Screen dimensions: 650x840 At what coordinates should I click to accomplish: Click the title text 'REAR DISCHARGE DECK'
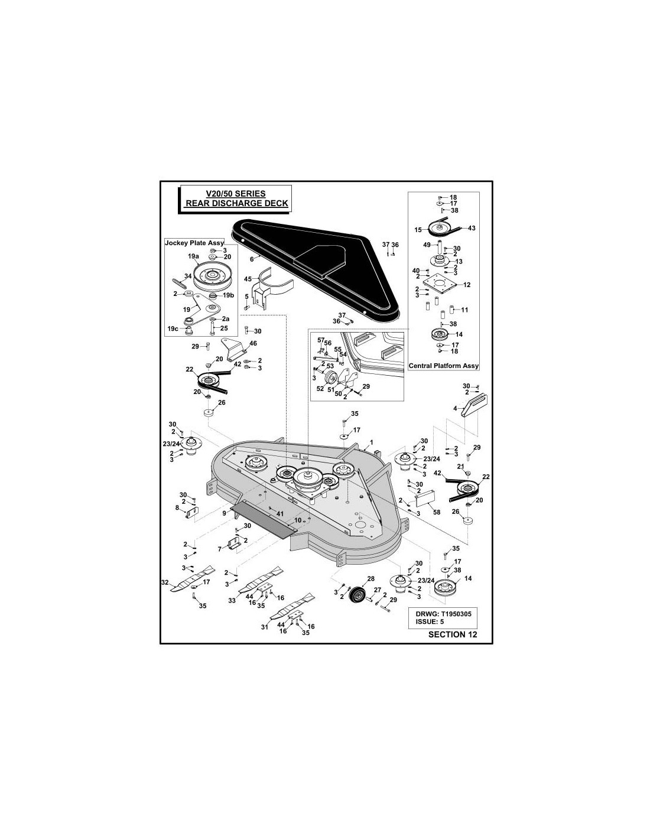(236, 203)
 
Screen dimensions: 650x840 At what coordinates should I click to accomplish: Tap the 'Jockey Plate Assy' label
(194, 243)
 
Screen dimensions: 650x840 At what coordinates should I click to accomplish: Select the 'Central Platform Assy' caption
(444, 365)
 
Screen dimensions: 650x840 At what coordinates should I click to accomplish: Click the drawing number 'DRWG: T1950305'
(443, 614)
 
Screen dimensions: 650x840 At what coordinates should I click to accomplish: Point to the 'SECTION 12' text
(453, 634)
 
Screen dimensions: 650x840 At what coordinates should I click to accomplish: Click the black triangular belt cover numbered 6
(315, 267)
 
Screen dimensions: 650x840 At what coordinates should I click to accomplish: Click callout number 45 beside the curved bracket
(248, 279)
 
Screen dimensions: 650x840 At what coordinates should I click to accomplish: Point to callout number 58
(437, 512)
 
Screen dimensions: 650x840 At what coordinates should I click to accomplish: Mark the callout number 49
(427, 245)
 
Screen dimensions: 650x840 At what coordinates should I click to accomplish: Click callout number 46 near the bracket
(253, 343)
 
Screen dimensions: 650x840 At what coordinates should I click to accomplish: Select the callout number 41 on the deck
(280, 514)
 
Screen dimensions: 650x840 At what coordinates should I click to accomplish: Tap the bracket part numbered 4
(474, 405)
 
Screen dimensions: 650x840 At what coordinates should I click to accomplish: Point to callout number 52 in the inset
(320, 389)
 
